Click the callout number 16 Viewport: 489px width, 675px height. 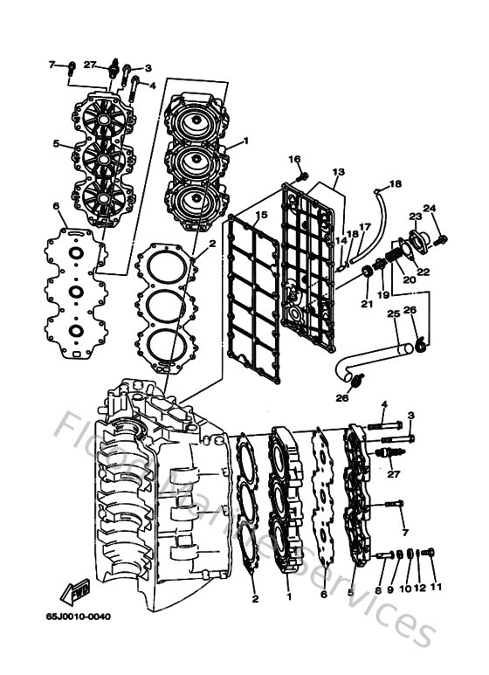coord(294,159)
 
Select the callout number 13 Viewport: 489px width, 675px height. coord(339,171)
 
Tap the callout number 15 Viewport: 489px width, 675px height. coord(261,215)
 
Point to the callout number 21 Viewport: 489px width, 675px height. coord(367,304)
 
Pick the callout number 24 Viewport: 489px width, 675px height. coord(430,209)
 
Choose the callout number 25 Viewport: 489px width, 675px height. coord(392,313)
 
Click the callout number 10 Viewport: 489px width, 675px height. coord(404,589)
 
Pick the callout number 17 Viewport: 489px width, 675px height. coord(365,227)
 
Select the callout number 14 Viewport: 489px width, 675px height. coord(341,239)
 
